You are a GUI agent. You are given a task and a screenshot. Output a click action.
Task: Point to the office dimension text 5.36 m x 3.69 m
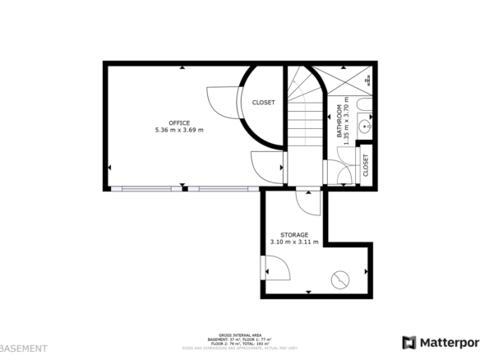pos(178,130)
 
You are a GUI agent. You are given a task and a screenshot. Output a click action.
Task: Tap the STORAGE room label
pos(293,235)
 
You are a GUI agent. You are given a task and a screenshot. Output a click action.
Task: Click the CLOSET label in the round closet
pos(264,103)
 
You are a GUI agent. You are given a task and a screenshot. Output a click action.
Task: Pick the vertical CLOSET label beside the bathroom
pos(366,165)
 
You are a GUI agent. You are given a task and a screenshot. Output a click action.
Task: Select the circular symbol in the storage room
pos(339,279)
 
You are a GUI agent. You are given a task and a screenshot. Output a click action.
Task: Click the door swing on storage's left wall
pos(275,268)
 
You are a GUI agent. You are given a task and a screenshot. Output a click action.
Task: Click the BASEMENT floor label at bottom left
pos(23,348)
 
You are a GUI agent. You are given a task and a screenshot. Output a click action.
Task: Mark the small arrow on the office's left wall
pos(108,168)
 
